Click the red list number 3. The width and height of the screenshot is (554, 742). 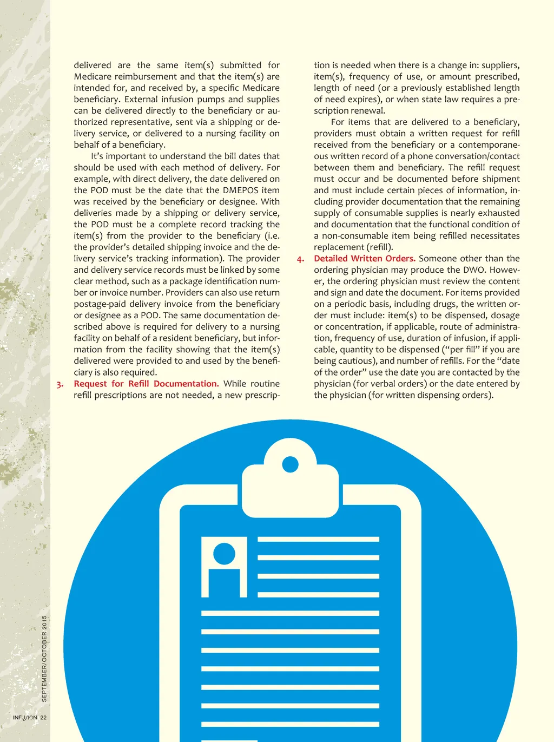coord(60,384)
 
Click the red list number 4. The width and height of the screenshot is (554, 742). coord(300,259)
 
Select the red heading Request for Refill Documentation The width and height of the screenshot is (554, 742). coord(146,384)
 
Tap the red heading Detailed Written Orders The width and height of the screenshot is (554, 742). coord(364,259)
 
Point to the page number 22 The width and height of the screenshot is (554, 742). coord(43,718)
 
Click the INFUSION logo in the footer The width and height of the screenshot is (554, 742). coord(25,718)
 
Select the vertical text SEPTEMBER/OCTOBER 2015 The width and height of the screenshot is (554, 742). coord(44,659)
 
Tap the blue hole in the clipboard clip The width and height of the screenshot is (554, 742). coord(291,464)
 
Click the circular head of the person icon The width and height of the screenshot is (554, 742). coord(224,554)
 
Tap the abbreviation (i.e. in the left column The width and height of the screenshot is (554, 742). coord(271,236)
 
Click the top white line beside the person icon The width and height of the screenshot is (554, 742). coord(318,540)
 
